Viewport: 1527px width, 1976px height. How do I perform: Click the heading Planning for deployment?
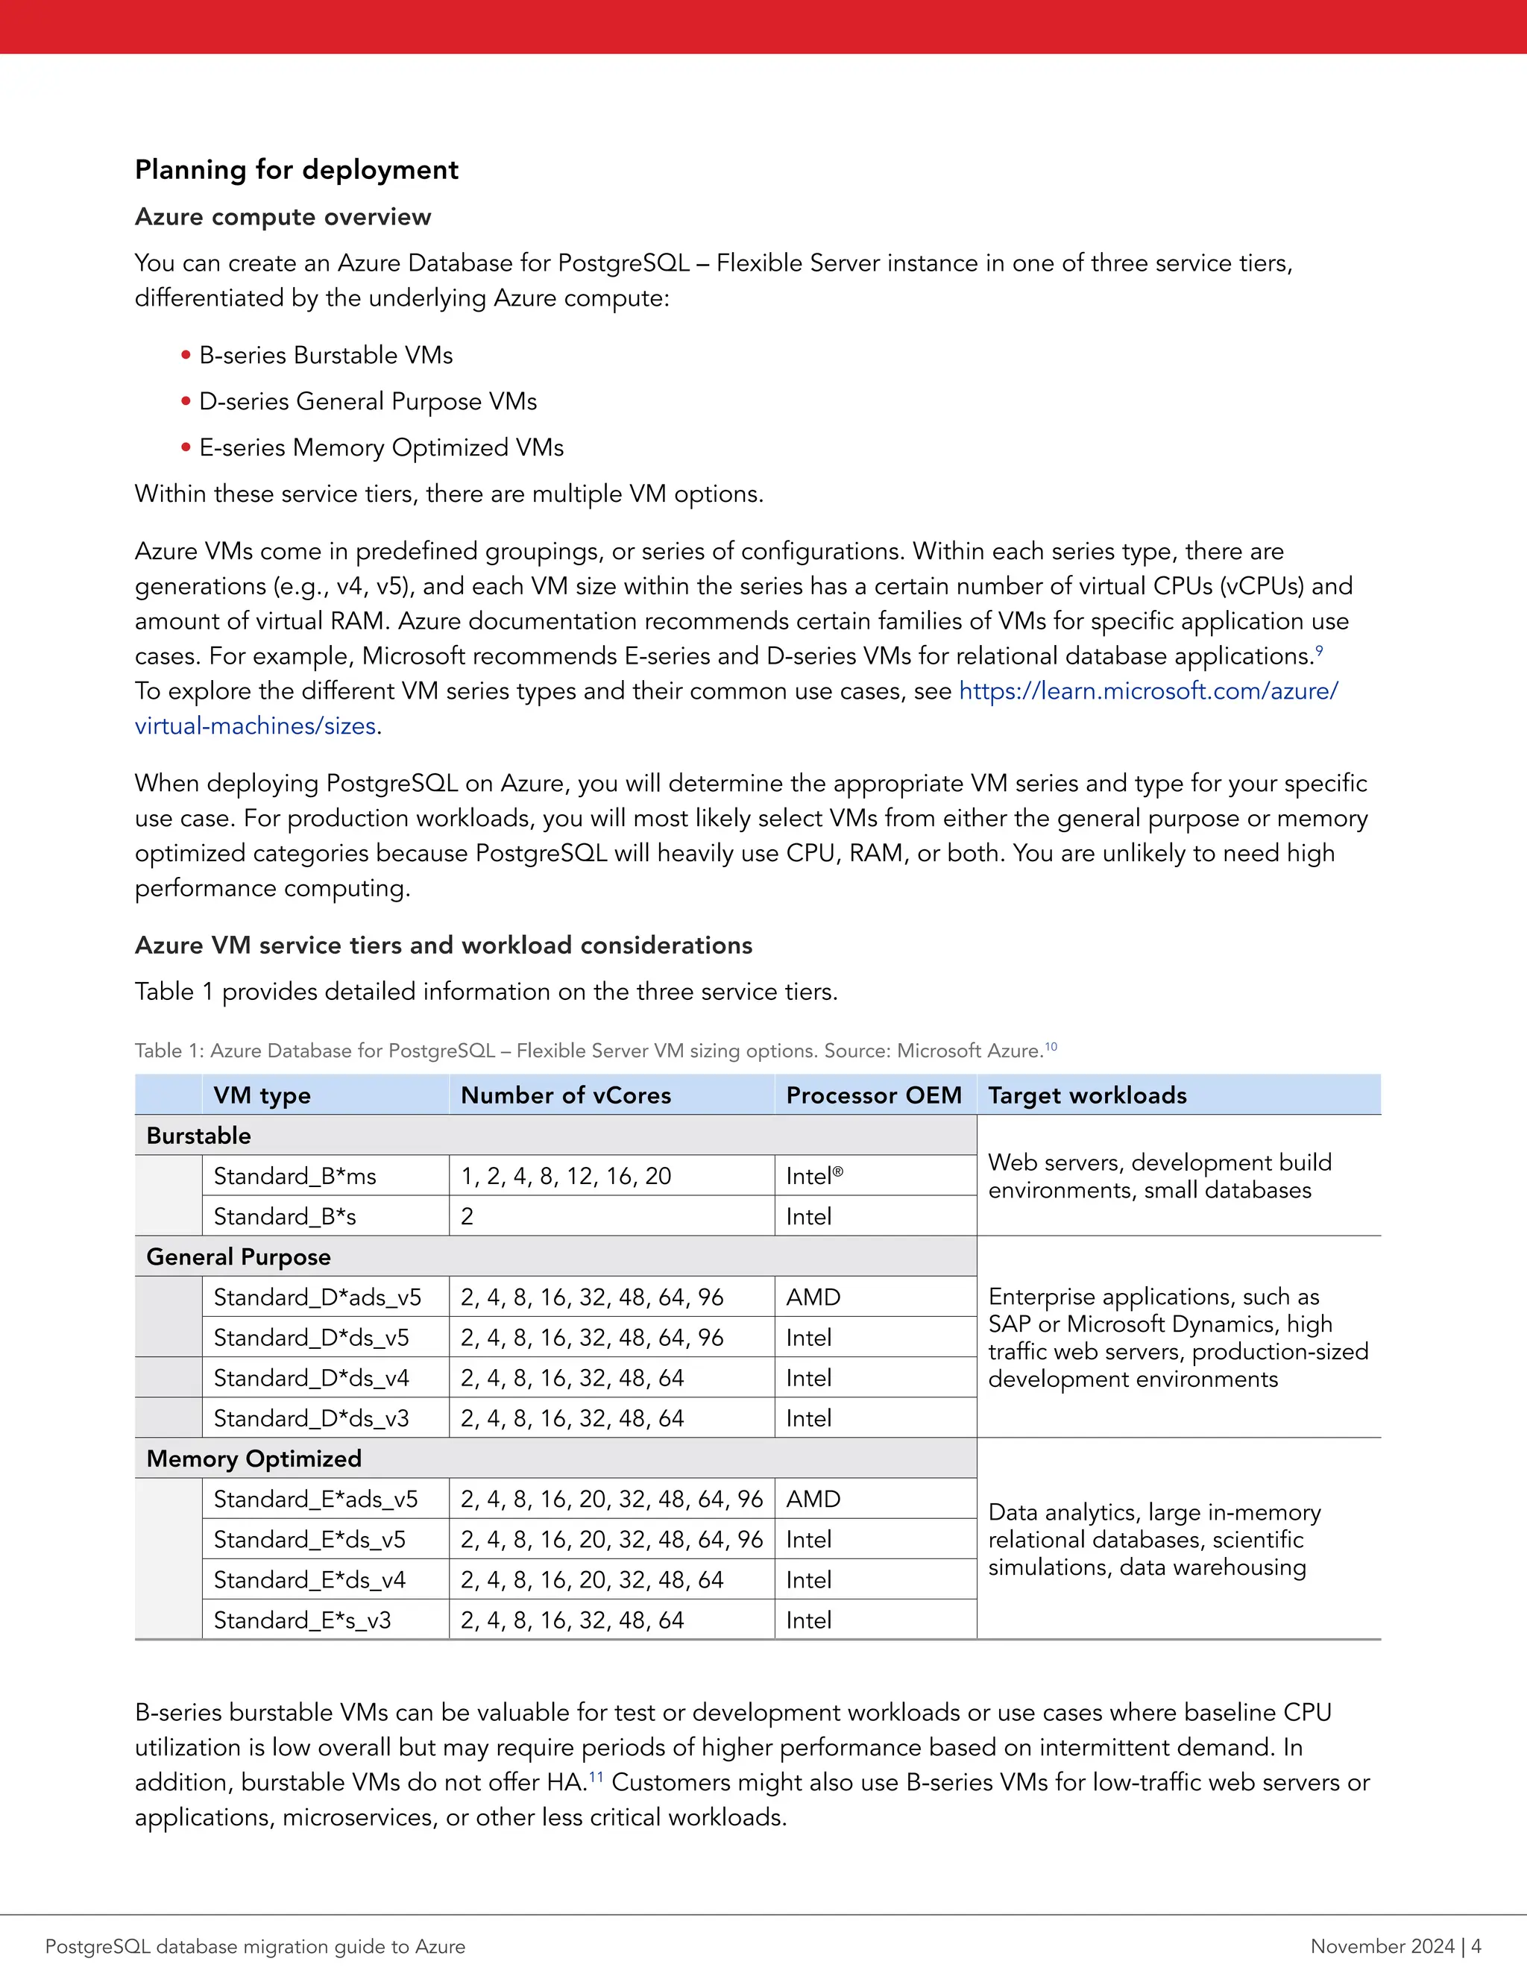[x=296, y=170]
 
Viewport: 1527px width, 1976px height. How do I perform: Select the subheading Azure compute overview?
[x=283, y=217]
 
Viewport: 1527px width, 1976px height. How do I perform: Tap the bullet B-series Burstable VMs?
[x=326, y=356]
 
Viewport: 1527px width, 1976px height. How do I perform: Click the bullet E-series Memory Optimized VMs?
[x=381, y=448]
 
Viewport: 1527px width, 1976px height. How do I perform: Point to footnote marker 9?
[x=1319, y=650]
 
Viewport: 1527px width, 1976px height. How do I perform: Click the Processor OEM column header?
[x=873, y=1095]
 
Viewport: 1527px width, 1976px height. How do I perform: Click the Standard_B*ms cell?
[x=295, y=1176]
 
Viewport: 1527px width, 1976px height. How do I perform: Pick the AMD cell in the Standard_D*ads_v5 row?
[x=813, y=1297]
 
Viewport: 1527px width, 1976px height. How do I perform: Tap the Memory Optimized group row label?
[x=254, y=1459]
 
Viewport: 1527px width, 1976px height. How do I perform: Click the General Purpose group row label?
[x=238, y=1256]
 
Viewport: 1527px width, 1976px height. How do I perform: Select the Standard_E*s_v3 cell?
[x=302, y=1620]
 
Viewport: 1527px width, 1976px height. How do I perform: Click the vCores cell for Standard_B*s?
[x=467, y=1217]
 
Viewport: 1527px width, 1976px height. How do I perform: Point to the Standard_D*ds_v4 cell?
[x=311, y=1378]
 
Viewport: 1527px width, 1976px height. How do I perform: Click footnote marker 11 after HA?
[x=596, y=1778]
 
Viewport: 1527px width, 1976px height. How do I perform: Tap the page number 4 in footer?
[x=1476, y=1946]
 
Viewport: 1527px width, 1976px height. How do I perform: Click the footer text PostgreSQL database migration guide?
[x=255, y=1946]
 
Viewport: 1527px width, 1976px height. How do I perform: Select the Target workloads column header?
[x=1086, y=1095]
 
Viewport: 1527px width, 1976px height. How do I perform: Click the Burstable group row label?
[x=198, y=1136]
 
